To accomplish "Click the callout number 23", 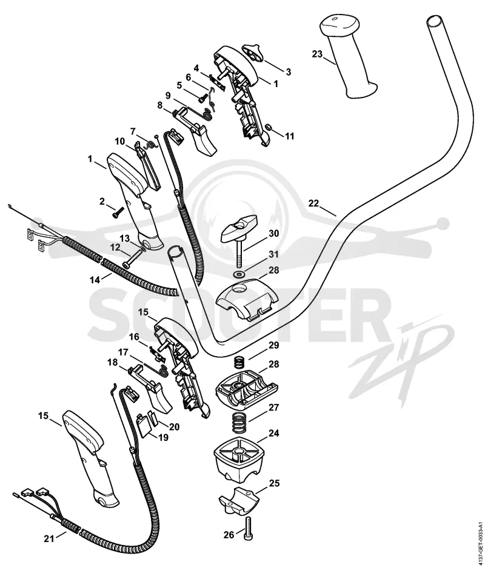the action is tap(316, 54).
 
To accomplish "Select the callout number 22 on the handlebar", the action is tap(314, 203).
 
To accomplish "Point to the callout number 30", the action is tap(273, 233).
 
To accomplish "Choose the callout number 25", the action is tap(274, 484).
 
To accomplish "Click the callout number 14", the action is tap(95, 280).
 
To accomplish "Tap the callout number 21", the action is tap(49, 539).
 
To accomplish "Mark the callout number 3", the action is tap(289, 71).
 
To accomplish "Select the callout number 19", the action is tap(163, 438).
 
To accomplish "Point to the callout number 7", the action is tap(133, 130).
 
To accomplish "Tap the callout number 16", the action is tap(134, 337).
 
